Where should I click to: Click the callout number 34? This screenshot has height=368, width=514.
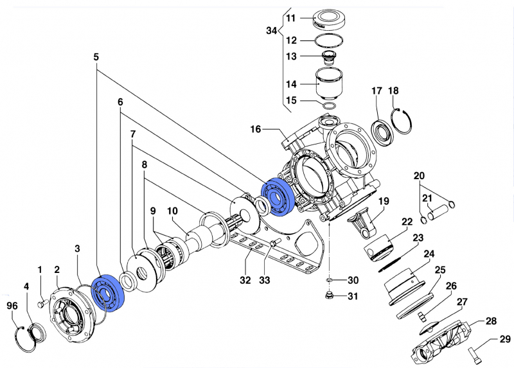click(x=272, y=31)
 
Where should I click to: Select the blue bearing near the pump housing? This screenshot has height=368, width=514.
click(x=278, y=195)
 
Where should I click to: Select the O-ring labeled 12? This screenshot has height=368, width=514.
click(x=328, y=40)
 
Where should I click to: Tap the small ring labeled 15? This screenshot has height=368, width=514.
click(x=329, y=104)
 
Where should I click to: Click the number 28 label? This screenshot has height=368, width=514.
click(x=492, y=321)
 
